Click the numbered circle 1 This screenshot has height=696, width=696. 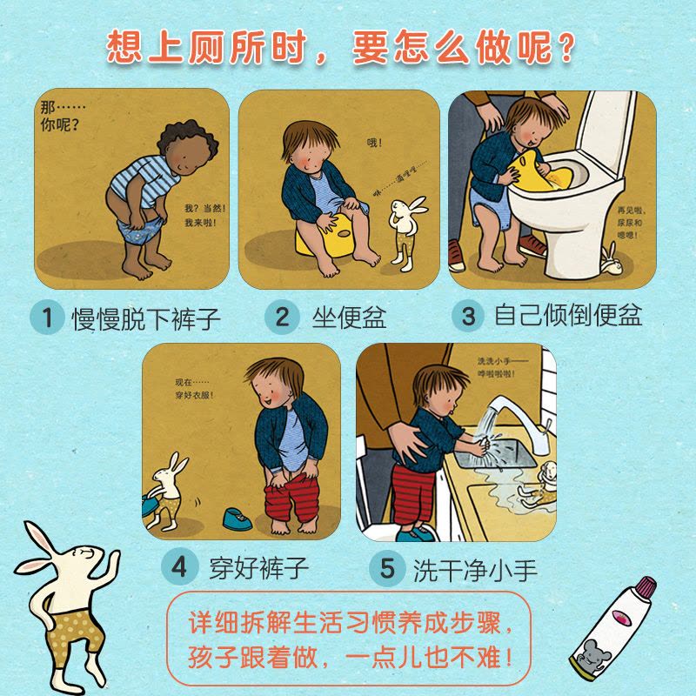[47, 317]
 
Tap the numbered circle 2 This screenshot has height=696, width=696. [282, 317]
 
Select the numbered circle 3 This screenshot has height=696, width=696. [469, 316]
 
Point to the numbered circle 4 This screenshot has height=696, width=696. [178, 567]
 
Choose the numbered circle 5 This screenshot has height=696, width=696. [386, 568]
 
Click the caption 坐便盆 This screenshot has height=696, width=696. [350, 317]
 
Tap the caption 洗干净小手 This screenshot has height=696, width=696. [475, 570]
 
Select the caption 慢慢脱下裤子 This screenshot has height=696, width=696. [146, 318]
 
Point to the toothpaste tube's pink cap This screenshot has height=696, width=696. [646, 586]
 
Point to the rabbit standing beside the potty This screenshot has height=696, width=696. [406, 232]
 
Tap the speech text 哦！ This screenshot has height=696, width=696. [374, 143]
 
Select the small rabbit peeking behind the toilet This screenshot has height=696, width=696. [611, 260]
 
